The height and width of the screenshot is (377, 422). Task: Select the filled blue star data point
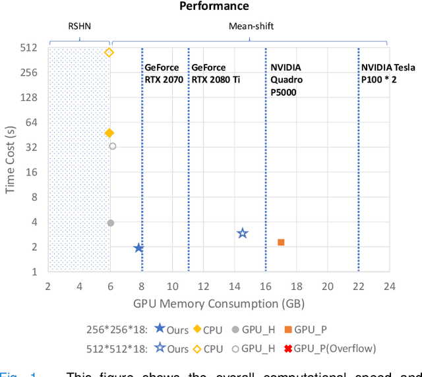pos(138,248)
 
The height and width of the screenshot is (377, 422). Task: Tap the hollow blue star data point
pos(243,233)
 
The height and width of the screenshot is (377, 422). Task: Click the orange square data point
pos(281,243)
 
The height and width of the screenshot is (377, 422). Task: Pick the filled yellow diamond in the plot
pos(109,133)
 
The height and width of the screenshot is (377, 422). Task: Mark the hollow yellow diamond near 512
pos(109,52)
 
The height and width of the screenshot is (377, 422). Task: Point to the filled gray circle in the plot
pos(111,223)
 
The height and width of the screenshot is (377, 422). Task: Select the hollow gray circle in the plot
pos(112,146)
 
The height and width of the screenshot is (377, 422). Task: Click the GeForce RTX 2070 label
pos(164,74)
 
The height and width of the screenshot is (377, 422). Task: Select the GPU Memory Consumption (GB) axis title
pos(218,304)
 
